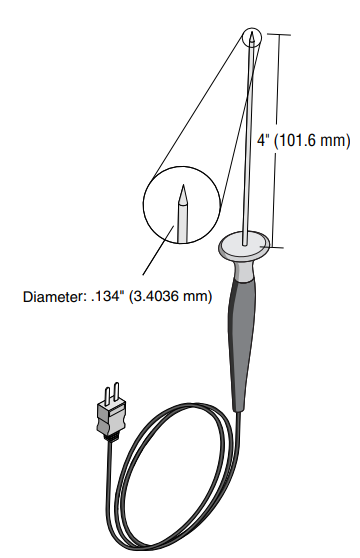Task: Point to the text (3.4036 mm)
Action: [x=168, y=297]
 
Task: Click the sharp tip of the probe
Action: [x=254, y=31]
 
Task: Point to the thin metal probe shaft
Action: [x=250, y=140]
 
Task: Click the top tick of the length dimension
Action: [x=277, y=33]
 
